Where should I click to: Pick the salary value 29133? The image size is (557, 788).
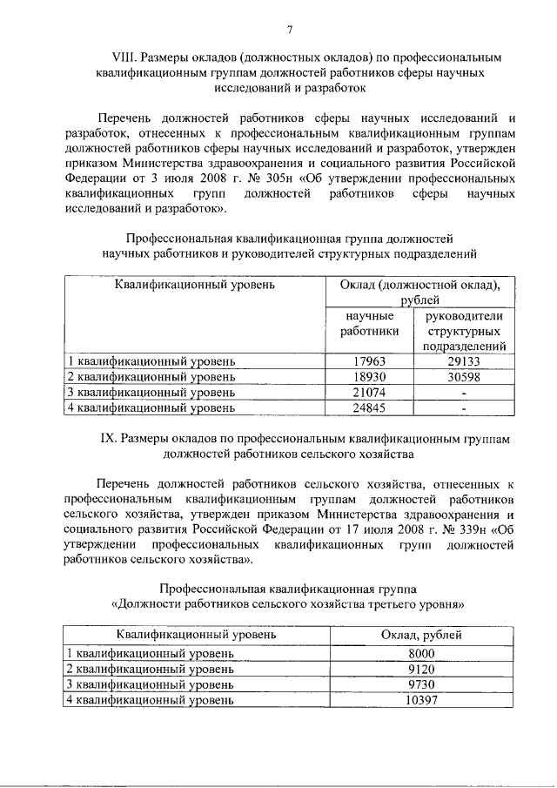[464, 361]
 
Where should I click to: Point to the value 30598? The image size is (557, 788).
[464, 377]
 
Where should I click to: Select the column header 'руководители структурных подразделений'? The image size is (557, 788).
[464, 332]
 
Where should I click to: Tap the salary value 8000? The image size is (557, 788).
[420, 654]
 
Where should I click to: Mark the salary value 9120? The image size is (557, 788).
[420, 670]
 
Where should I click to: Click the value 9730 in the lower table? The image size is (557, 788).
[420, 685]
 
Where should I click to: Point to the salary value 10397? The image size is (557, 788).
[420, 701]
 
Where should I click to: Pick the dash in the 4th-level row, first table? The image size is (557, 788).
[464, 407]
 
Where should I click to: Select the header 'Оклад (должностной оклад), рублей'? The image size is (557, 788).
[419, 292]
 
